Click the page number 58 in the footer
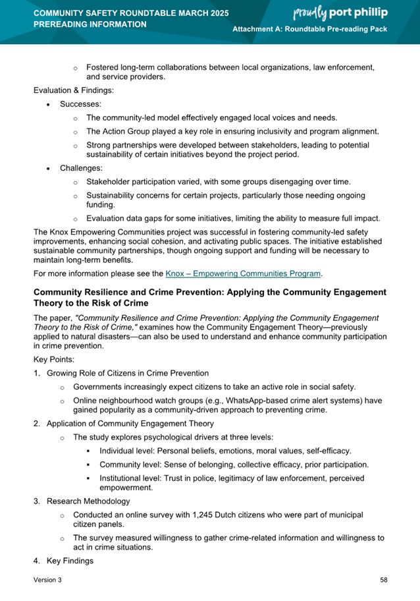(383, 579)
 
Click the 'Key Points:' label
(54, 360)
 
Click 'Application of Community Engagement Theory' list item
(130, 423)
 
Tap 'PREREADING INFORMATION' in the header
(90, 24)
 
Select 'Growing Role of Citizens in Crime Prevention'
(127, 373)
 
